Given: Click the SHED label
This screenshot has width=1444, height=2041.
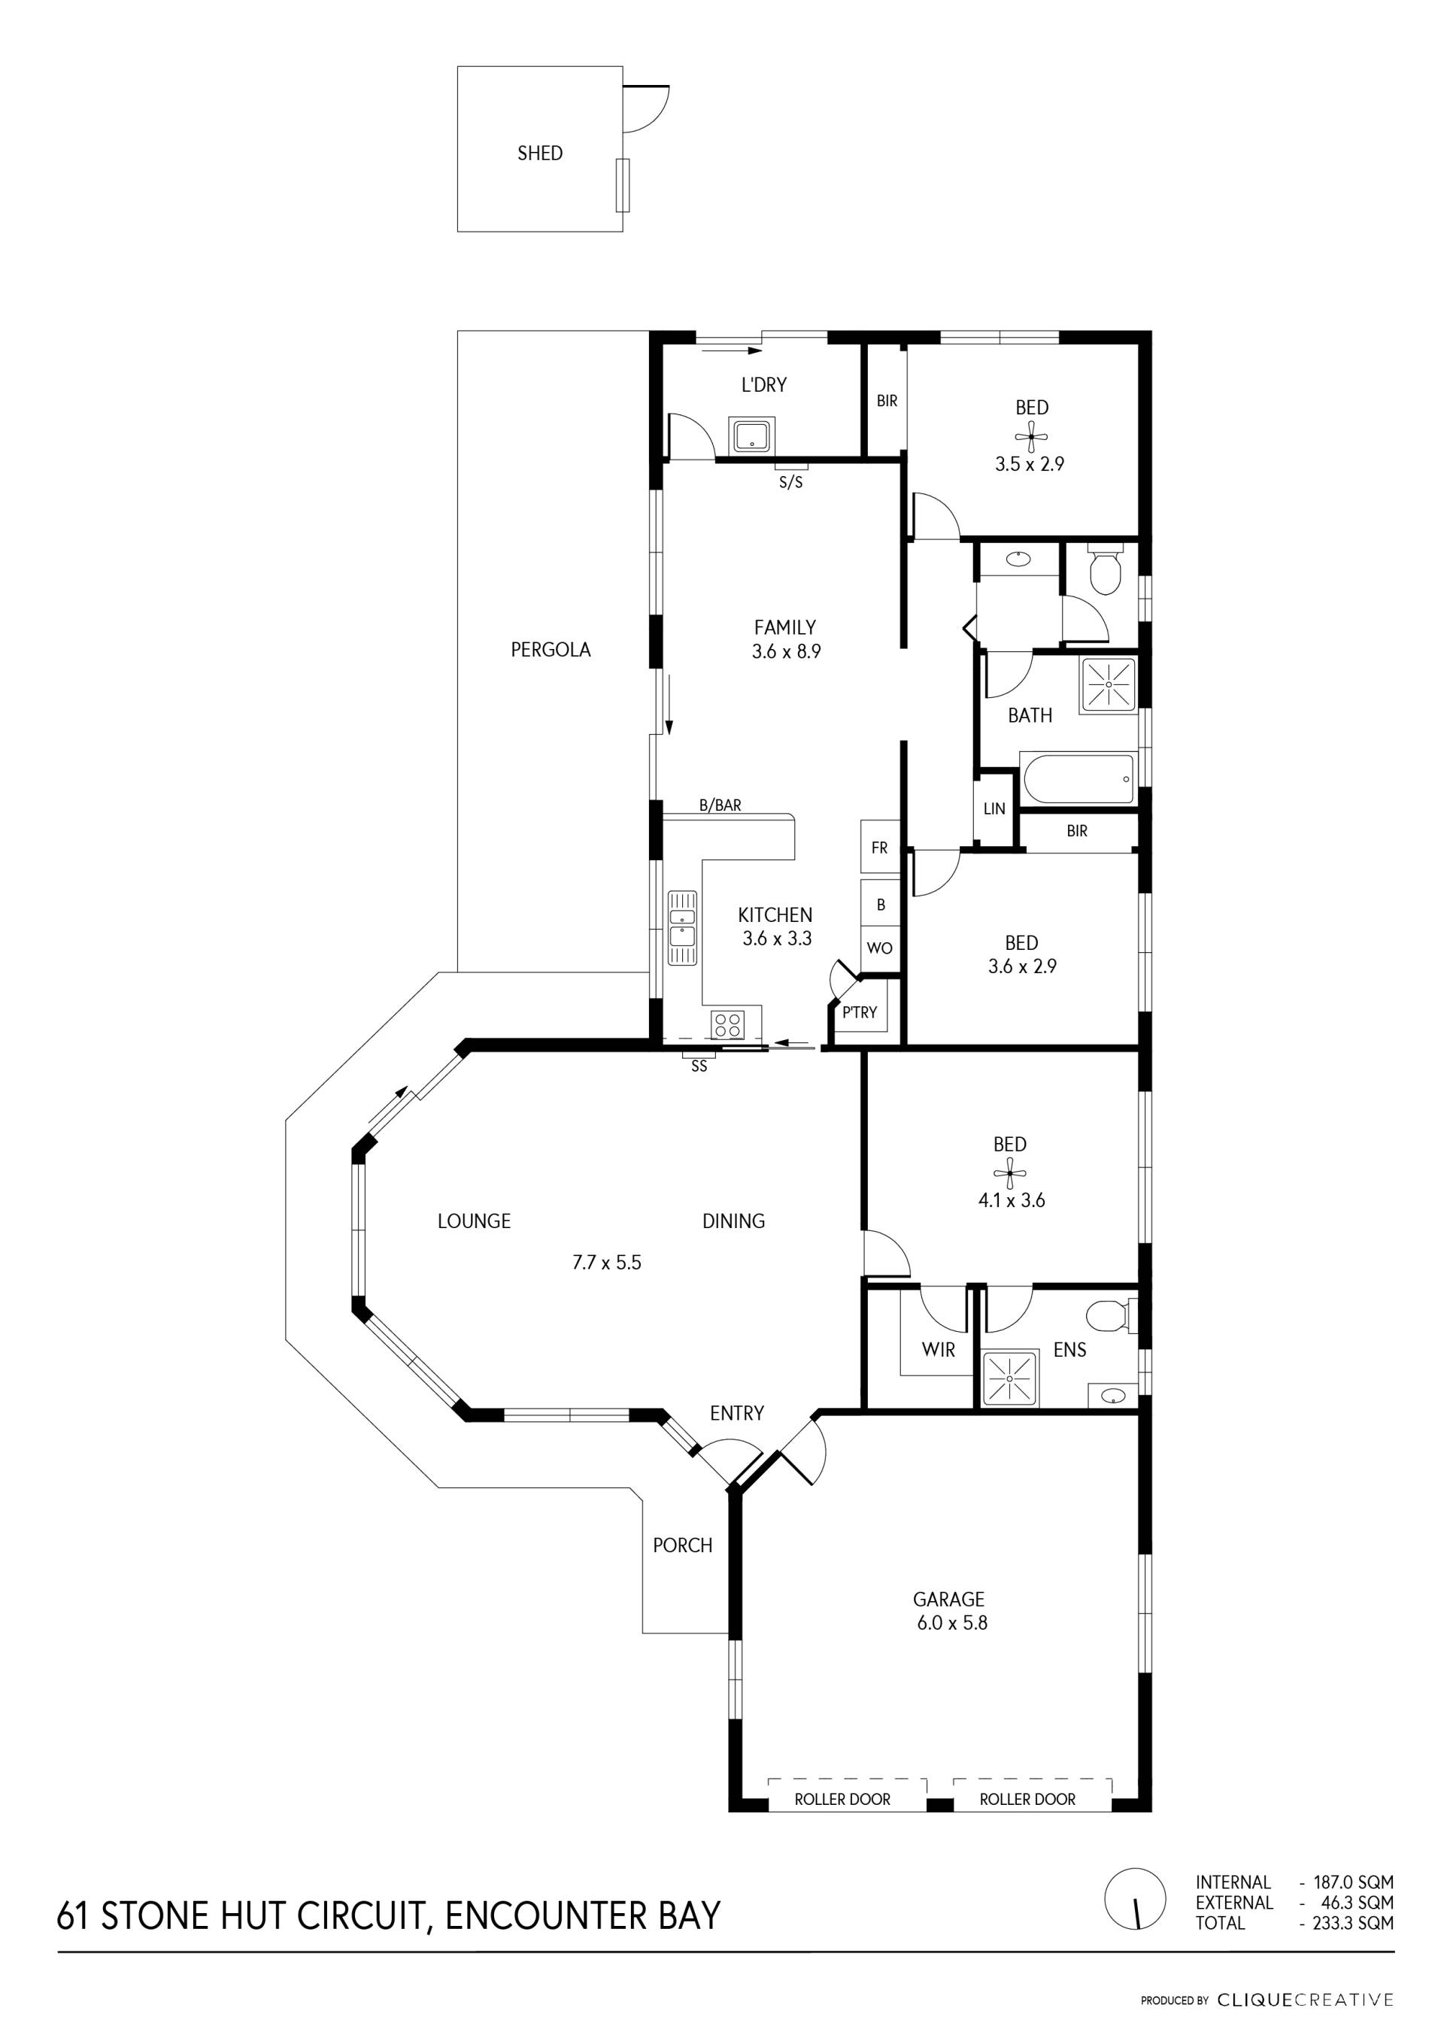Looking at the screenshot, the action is coord(540,153).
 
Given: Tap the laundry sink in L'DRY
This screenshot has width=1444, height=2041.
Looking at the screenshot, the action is coord(752,435).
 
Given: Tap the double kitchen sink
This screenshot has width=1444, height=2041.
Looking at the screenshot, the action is coord(683,926).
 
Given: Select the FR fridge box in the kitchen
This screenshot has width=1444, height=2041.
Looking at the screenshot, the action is coord(880,847).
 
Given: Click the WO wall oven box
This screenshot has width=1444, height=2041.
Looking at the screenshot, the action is coord(880,948).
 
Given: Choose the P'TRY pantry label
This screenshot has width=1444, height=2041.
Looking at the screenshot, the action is coord(860,1011).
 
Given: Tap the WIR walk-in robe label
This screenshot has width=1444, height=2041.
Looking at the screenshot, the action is coord(938,1349).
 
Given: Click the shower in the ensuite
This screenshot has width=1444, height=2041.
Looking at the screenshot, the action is coord(1009,1378).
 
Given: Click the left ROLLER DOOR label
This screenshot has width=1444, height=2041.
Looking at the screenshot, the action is coord(842,1799).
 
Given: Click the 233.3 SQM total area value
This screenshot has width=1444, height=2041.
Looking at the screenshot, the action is coord(1353,1923).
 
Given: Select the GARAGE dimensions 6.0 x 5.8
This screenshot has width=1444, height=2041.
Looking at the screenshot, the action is coord(952,1622).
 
